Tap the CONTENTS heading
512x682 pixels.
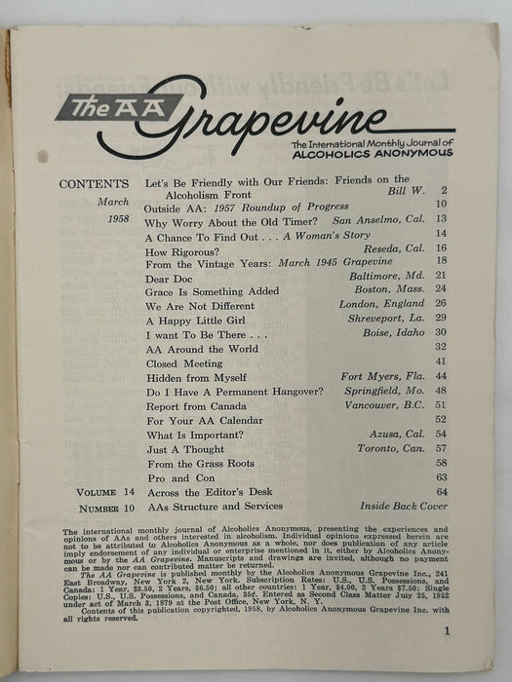93,184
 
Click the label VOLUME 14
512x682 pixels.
103,492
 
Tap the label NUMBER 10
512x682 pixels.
103,507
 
